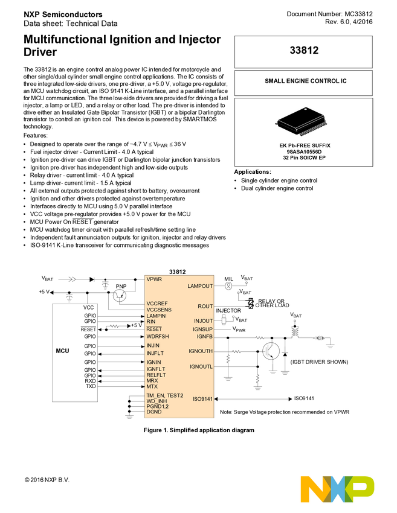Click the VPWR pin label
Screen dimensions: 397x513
pos(154,279)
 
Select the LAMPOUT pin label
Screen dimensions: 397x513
pos(200,286)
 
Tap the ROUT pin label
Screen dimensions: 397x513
pos(205,307)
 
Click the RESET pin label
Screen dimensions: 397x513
pos(153,329)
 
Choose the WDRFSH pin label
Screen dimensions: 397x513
pos(158,336)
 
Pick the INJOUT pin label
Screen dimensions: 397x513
pos(203,321)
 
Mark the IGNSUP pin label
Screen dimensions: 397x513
pos(202,329)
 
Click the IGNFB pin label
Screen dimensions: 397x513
pos(204,336)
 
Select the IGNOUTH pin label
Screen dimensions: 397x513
pos(201,351)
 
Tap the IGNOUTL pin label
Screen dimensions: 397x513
pos(201,366)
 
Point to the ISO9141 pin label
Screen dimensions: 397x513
pos(202,399)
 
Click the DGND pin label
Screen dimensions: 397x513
pos(153,412)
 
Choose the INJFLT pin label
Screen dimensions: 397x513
pos(155,353)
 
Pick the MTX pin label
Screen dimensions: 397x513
pos(152,386)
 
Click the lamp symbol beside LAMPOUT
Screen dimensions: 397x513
pos(228,286)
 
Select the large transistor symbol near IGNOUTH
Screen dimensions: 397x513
pos(271,351)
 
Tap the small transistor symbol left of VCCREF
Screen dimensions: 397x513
pos(120,296)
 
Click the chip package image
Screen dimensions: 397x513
pos(301,121)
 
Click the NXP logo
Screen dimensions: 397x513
pos(337,489)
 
